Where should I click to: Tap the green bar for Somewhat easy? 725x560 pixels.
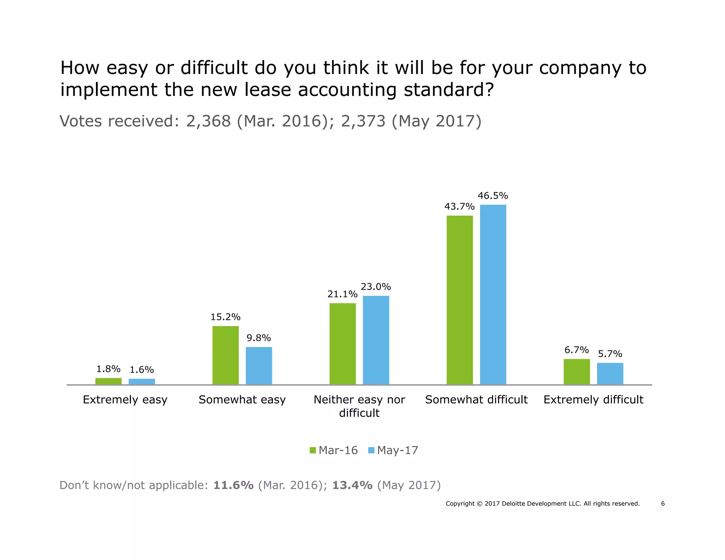pos(226,355)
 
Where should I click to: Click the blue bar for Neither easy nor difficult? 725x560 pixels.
pos(376,340)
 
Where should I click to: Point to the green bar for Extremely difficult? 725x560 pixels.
pos(577,371)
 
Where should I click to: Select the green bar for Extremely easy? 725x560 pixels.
pos(108,381)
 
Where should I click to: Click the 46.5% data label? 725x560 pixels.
pos(493,196)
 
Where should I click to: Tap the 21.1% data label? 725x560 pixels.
pos(342,294)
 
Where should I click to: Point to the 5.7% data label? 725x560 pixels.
pos(610,354)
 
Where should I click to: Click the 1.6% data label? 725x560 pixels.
pos(142,370)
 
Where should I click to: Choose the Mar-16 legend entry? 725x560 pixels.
pos(334,450)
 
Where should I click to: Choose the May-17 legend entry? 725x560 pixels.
pos(393,450)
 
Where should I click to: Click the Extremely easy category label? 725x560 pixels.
pos(125,400)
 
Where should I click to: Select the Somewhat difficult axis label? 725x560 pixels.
pos(476,400)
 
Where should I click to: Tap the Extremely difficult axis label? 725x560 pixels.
pos(593,400)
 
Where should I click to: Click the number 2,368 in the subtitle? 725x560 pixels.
pos(209,121)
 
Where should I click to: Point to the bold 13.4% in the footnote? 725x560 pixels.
pos(352,485)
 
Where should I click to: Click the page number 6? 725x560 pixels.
pos(663,504)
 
